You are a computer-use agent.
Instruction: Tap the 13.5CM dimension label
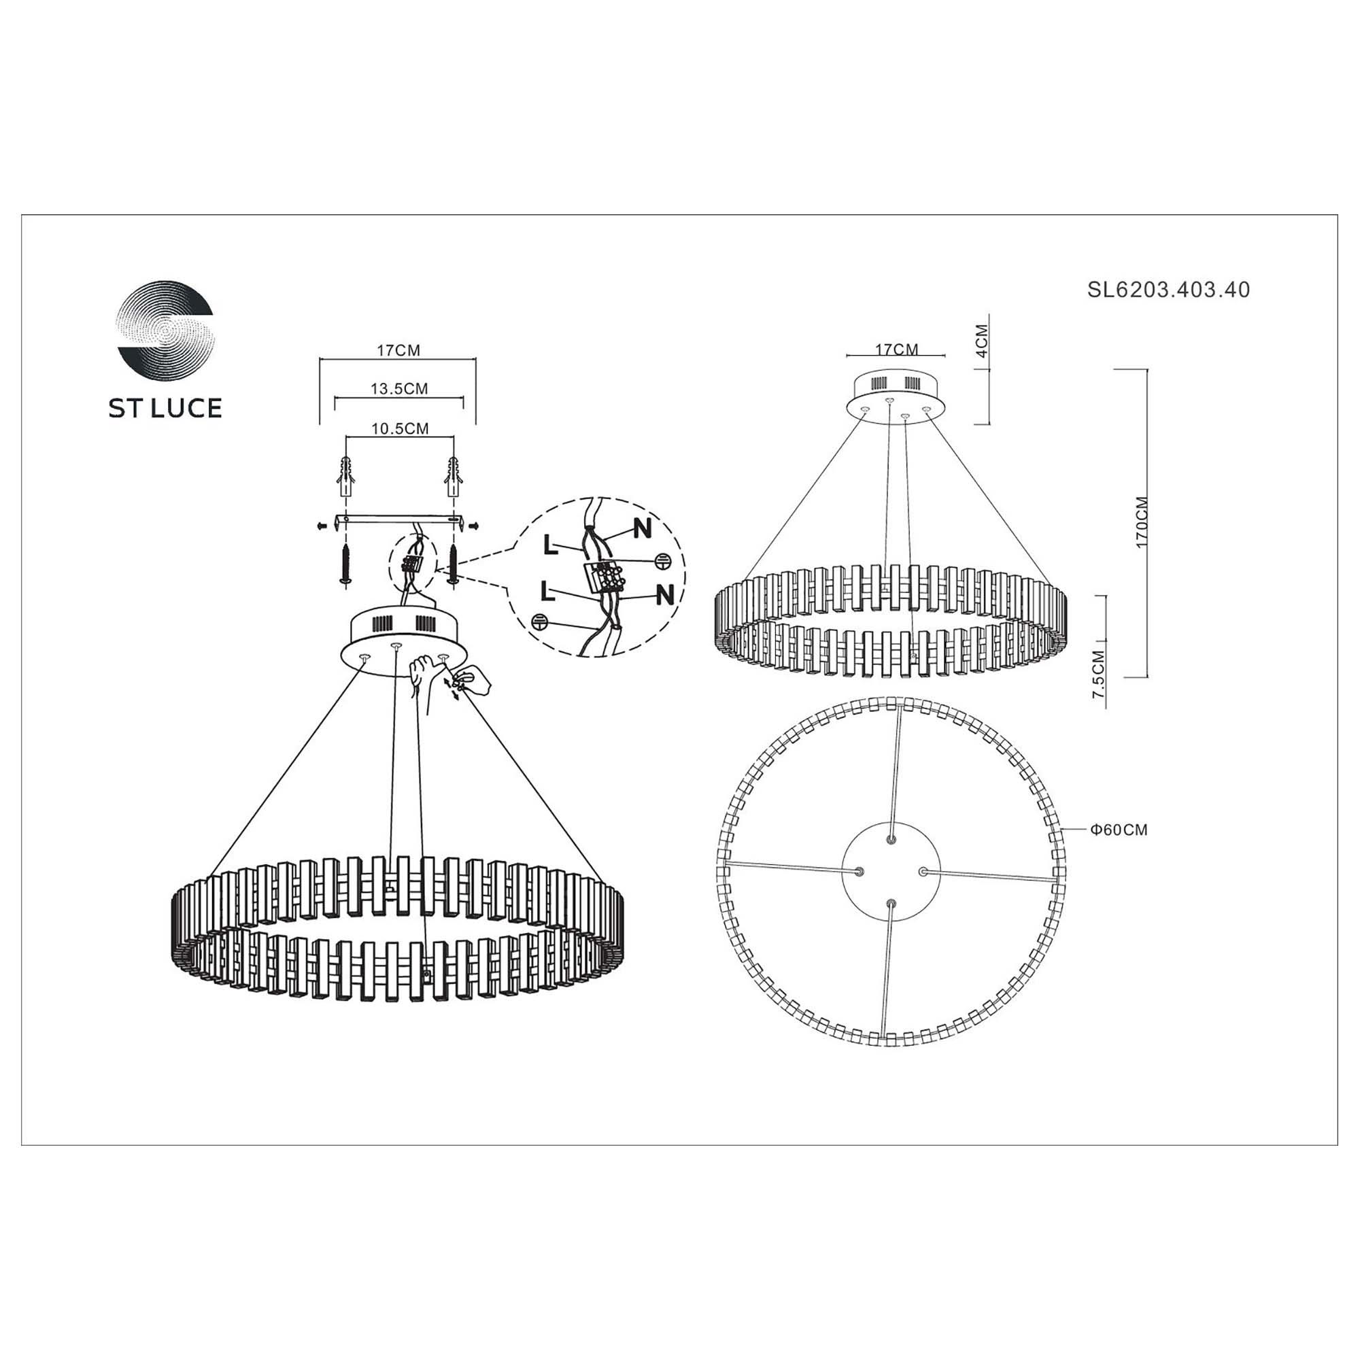point(399,388)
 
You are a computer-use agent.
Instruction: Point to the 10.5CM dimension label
point(400,428)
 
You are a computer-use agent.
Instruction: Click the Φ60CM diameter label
point(1119,830)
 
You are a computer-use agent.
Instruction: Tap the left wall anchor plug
point(345,475)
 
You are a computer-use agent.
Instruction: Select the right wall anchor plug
point(454,475)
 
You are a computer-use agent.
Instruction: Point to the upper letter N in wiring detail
point(642,528)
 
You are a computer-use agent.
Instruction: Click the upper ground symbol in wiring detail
point(662,561)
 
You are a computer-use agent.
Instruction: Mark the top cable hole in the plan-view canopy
point(892,840)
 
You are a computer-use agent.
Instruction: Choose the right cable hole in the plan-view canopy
point(922,871)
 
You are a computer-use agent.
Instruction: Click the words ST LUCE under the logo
point(165,408)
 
